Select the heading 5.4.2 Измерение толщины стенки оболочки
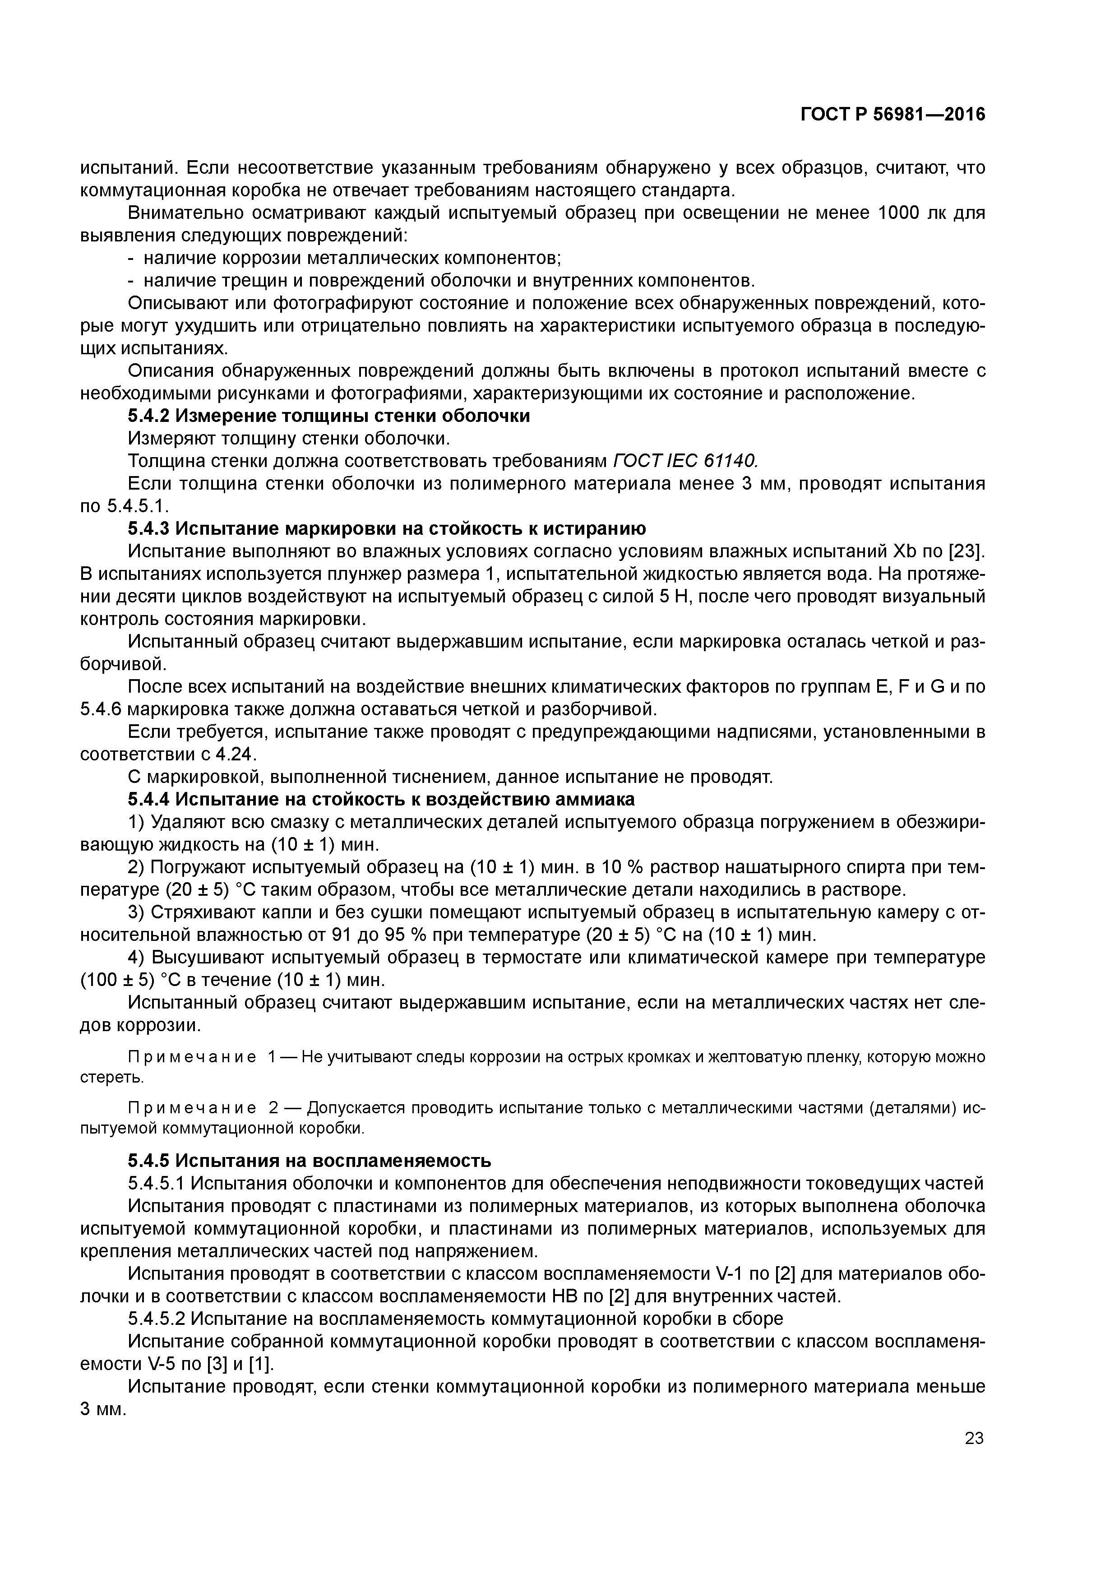click(x=329, y=417)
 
